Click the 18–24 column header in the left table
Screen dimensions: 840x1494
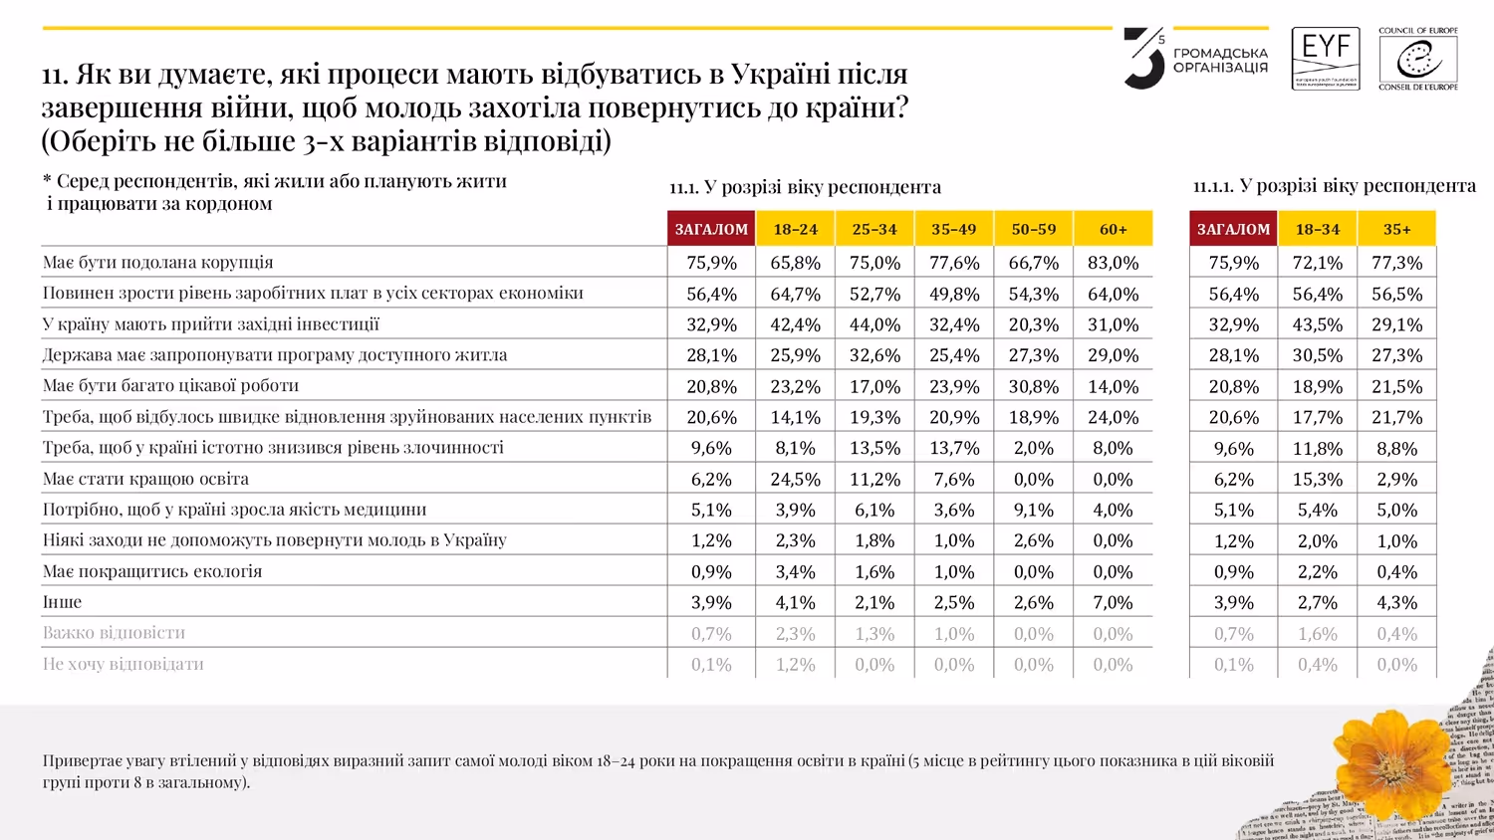click(x=795, y=229)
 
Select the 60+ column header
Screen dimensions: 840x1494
click(x=1113, y=229)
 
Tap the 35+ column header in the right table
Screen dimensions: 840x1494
click(x=1396, y=229)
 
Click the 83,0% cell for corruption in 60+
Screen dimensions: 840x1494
click(x=1113, y=263)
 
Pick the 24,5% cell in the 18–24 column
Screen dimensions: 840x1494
click(x=795, y=479)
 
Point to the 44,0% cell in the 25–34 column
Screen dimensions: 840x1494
click(x=874, y=324)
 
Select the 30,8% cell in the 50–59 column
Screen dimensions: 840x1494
click(x=1033, y=386)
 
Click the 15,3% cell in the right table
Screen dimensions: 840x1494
click(x=1317, y=479)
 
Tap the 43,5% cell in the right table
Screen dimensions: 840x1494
click(x=1317, y=324)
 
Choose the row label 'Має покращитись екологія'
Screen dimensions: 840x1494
click(x=152, y=571)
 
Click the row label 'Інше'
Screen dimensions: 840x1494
click(x=62, y=602)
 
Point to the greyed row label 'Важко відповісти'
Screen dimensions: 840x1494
click(x=114, y=633)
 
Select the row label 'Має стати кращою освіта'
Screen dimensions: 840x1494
click(x=145, y=479)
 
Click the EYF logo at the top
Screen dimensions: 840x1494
click(x=1326, y=59)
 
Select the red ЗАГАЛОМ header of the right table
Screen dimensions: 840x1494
click(x=1233, y=229)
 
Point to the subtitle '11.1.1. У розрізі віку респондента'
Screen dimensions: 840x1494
click(x=1334, y=186)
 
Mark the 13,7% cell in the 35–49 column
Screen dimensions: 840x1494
click(x=953, y=448)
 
